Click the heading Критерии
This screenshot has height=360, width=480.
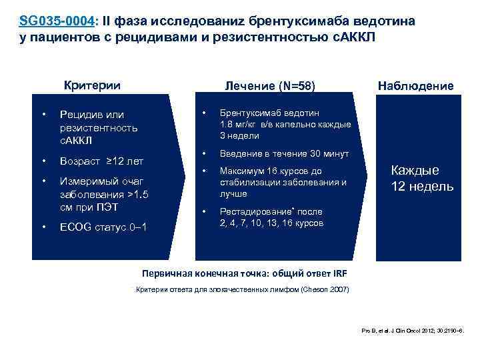(92, 85)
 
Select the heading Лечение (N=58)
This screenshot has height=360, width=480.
(269, 85)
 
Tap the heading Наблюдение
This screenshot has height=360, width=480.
(415, 85)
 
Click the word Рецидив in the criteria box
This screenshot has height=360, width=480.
(81, 115)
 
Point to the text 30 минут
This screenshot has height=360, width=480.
(327, 154)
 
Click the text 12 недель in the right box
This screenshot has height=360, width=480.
(422, 186)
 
